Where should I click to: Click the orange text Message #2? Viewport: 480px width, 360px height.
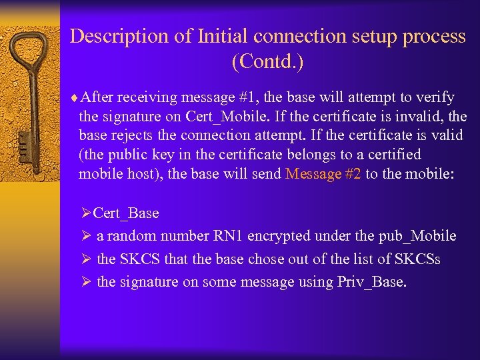[x=323, y=174]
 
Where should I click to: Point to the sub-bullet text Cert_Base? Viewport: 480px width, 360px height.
[x=126, y=213]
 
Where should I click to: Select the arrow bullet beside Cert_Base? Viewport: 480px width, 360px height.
[x=85, y=213]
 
